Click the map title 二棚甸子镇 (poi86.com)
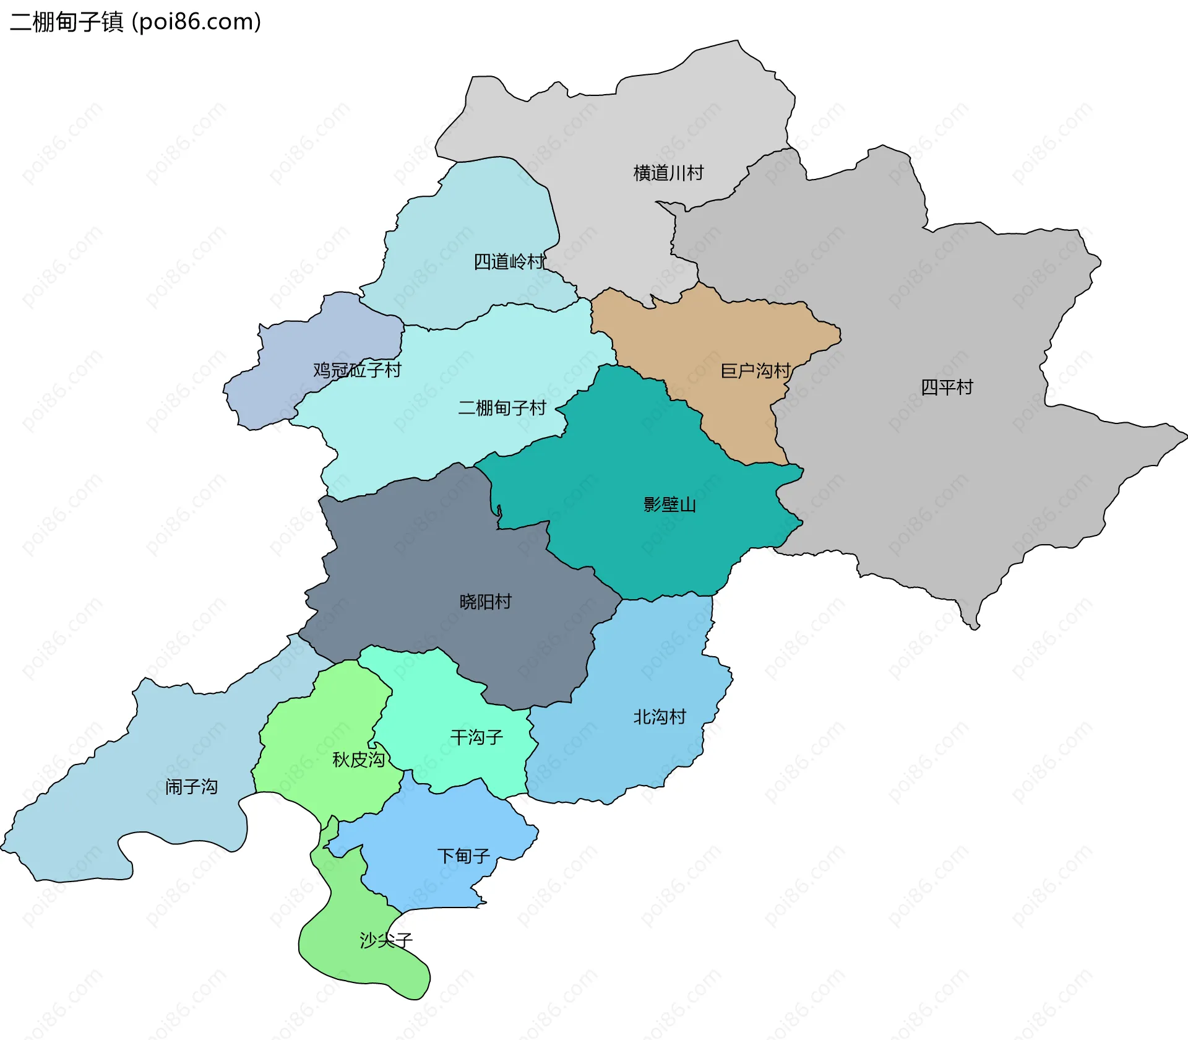click(136, 22)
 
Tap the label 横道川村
click(668, 173)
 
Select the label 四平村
click(947, 388)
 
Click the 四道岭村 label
click(509, 262)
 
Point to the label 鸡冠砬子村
click(357, 370)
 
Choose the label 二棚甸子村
click(502, 408)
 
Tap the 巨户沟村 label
click(755, 371)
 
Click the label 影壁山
click(669, 505)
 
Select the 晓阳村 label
click(485, 602)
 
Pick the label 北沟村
click(660, 717)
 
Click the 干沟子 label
click(476, 737)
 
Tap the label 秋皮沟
click(358, 760)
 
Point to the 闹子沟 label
click(191, 787)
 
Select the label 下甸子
click(463, 856)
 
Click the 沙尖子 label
click(386, 940)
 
